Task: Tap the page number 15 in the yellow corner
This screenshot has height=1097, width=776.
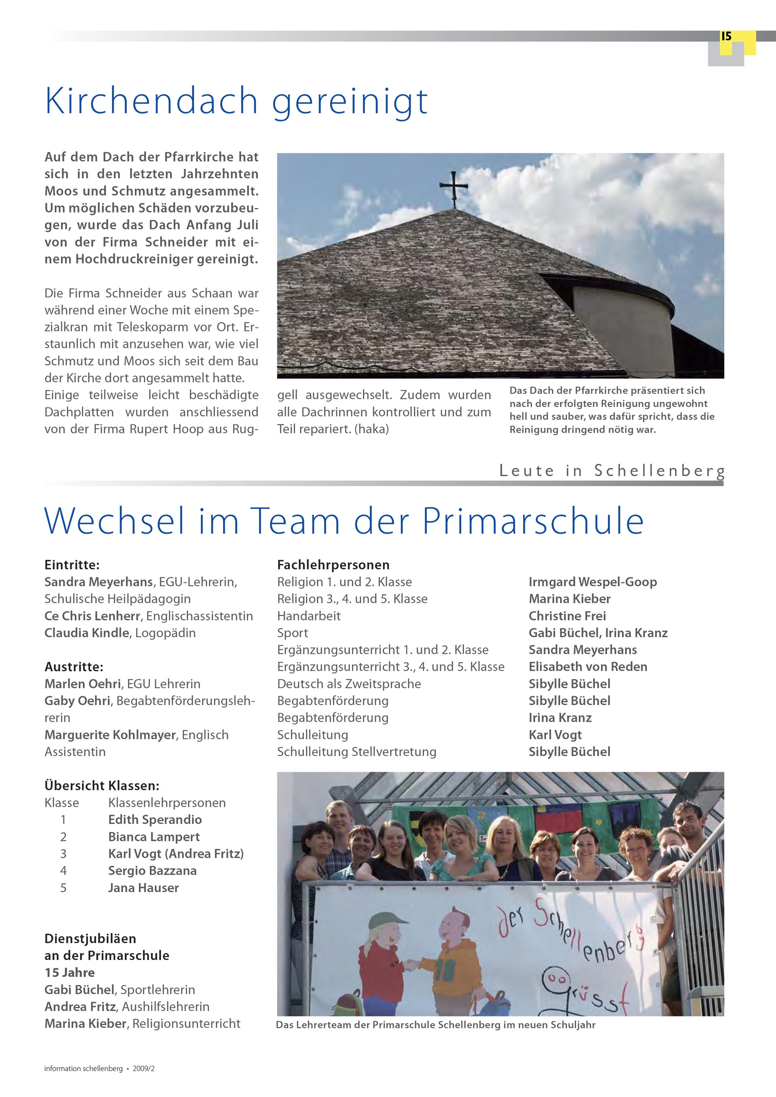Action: (x=726, y=36)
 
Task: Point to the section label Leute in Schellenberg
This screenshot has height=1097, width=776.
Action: (x=612, y=471)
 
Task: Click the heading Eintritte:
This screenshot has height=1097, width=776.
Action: (x=72, y=565)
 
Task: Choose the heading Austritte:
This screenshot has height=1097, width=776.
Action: (x=74, y=667)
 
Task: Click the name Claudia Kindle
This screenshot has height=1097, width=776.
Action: (x=86, y=633)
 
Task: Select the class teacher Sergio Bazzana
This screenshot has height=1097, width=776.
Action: (x=152, y=870)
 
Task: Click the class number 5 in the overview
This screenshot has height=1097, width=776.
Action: (x=63, y=888)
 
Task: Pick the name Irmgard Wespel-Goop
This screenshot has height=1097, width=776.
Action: (x=593, y=582)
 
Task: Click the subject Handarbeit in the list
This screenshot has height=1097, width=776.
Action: (x=309, y=616)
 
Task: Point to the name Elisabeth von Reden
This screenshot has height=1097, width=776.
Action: (x=588, y=667)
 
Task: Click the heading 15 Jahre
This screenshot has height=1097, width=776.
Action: (x=69, y=972)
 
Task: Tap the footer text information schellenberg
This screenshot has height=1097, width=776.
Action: (x=83, y=1068)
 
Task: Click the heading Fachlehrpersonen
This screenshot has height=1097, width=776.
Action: (x=333, y=565)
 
